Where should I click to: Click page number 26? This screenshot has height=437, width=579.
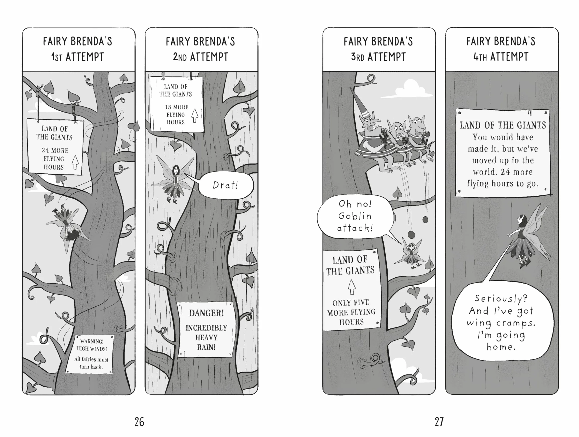click(139, 422)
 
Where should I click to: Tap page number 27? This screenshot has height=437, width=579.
click(439, 422)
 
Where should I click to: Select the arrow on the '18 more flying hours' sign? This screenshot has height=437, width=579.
click(195, 116)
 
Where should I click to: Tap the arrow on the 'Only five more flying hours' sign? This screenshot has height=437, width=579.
click(352, 287)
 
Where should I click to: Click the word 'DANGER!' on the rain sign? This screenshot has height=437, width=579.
click(206, 313)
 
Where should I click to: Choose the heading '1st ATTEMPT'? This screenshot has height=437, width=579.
click(78, 57)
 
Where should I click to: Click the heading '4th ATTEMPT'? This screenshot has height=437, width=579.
click(501, 57)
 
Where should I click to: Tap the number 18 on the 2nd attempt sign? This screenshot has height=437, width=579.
click(168, 107)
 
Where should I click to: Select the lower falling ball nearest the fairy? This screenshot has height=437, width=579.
click(412, 235)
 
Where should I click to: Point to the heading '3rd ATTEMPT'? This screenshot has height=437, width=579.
click(378, 57)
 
